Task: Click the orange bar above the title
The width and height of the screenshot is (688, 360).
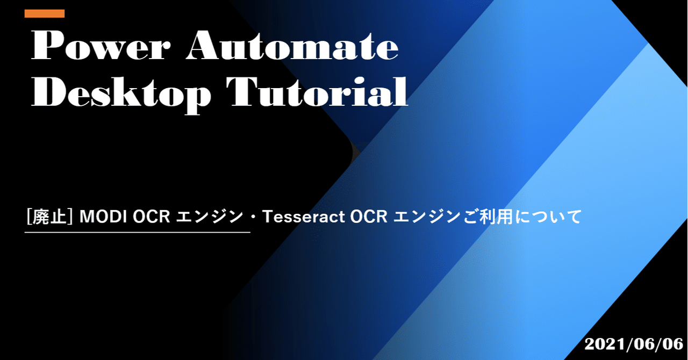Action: coord(45,13)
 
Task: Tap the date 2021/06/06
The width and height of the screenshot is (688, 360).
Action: coord(634,344)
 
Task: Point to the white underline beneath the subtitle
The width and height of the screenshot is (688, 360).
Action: coord(138,233)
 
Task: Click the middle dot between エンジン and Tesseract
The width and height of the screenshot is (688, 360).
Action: coord(253,217)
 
